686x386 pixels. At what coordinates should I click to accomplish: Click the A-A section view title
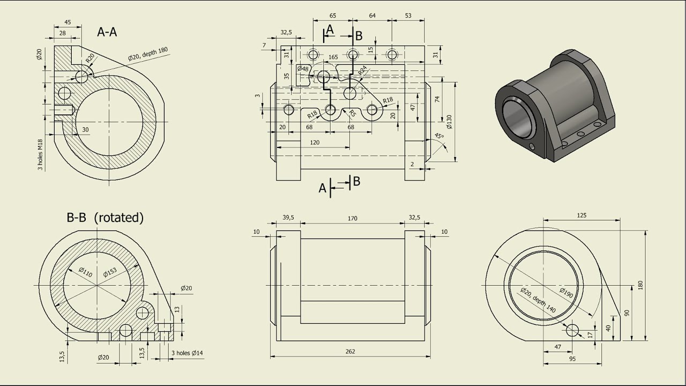coord(107,32)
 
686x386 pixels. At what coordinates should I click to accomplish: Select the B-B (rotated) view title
coord(105,218)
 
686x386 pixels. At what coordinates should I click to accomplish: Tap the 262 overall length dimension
coord(351,352)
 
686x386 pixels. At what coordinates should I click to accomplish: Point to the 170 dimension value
coord(352,218)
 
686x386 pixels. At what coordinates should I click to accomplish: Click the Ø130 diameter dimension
coord(449,122)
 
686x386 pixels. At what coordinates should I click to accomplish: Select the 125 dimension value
coord(581,216)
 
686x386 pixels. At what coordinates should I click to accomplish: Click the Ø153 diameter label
coord(109,272)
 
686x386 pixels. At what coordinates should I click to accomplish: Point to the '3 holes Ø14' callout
coord(187,353)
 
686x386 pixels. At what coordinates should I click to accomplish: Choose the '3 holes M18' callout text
coord(40,155)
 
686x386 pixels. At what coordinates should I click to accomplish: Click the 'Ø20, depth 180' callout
coord(148,54)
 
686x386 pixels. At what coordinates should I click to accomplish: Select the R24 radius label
coord(363,70)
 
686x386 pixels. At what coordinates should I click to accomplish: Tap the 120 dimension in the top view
coord(315,143)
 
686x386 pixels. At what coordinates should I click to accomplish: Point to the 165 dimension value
coord(333,57)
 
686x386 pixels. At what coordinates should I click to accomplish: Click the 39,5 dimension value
coord(288,217)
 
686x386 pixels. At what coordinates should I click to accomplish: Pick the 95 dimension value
coord(572,359)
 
